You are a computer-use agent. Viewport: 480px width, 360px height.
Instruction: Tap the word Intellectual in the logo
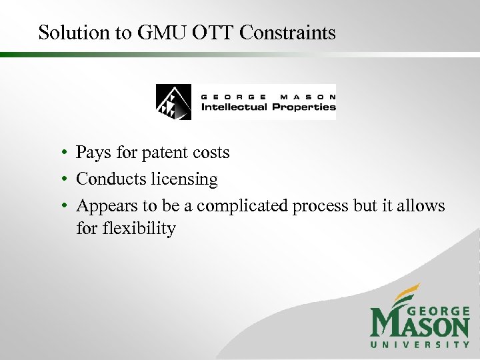point(234,107)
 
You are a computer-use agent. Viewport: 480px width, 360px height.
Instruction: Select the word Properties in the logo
point(304,107)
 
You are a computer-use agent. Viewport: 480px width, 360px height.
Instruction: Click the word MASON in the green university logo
point(420,325)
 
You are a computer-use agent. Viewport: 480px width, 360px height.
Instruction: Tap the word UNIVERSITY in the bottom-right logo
point(420,345)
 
